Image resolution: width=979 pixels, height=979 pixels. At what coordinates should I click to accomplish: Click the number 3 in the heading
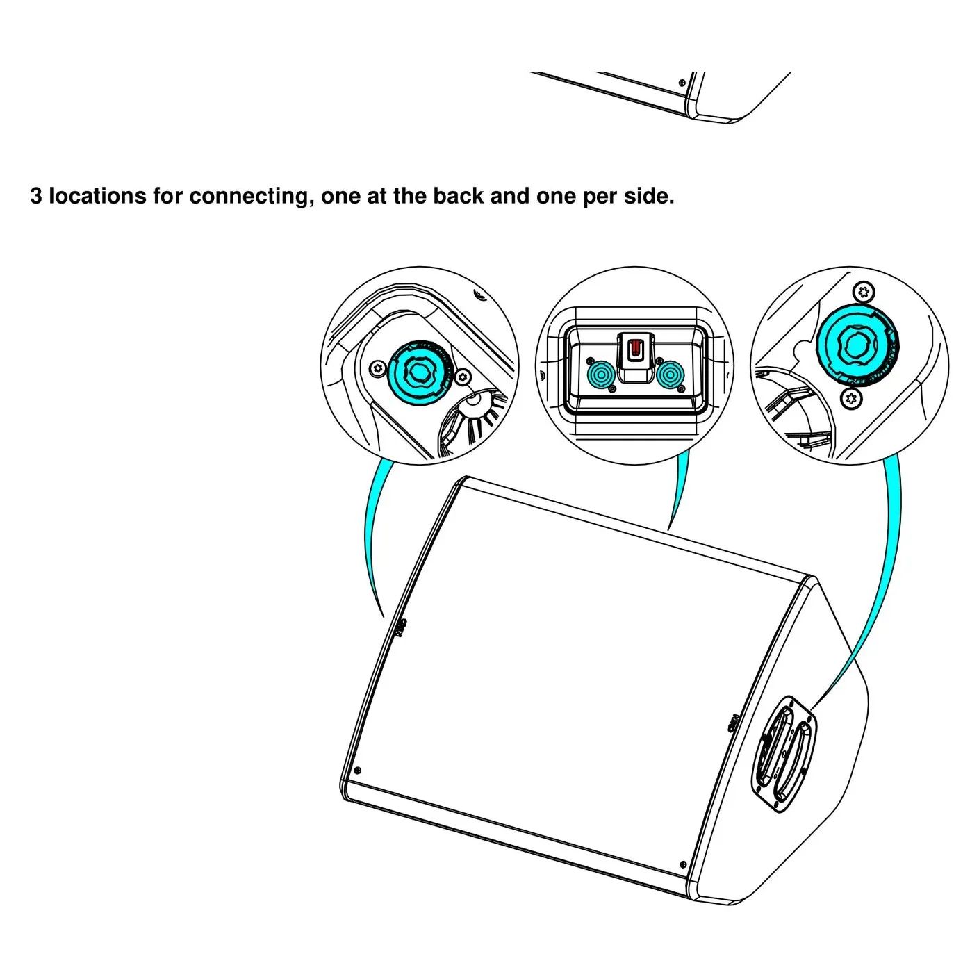click(36, 196)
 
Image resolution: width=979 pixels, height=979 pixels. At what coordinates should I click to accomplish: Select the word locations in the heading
click(97, 196)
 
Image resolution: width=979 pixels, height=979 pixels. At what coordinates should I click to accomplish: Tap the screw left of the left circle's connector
click(377, 368)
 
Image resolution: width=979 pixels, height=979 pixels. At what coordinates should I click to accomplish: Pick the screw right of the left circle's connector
click(462, 377)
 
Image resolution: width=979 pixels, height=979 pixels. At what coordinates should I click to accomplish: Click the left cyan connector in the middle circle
click(601, 375)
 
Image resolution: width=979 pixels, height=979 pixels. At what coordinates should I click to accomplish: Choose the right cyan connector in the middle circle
click(670, 375)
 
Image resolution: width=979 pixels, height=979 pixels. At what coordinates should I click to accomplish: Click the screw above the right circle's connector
click(863, 292)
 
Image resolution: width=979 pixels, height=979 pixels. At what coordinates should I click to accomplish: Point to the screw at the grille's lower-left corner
click(357, 770)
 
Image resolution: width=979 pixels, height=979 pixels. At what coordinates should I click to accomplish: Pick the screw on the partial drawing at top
click(682, 81)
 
